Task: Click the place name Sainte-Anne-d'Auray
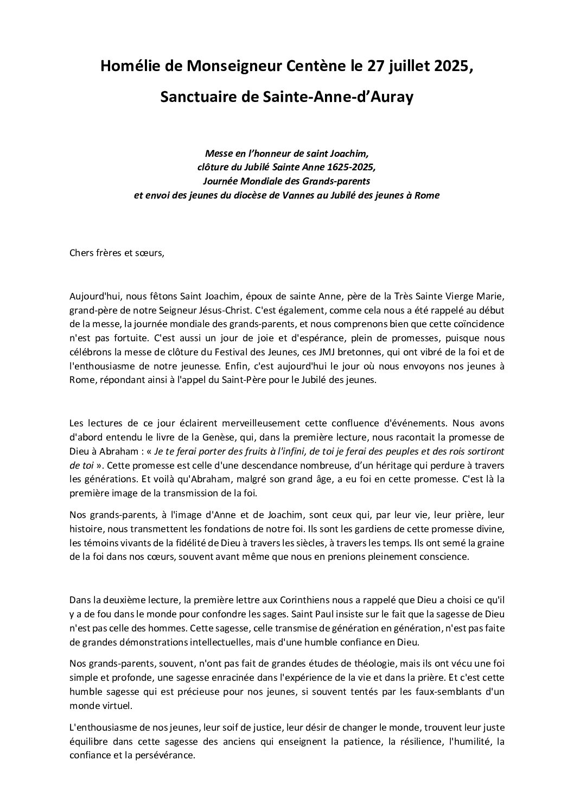coord(341,97)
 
